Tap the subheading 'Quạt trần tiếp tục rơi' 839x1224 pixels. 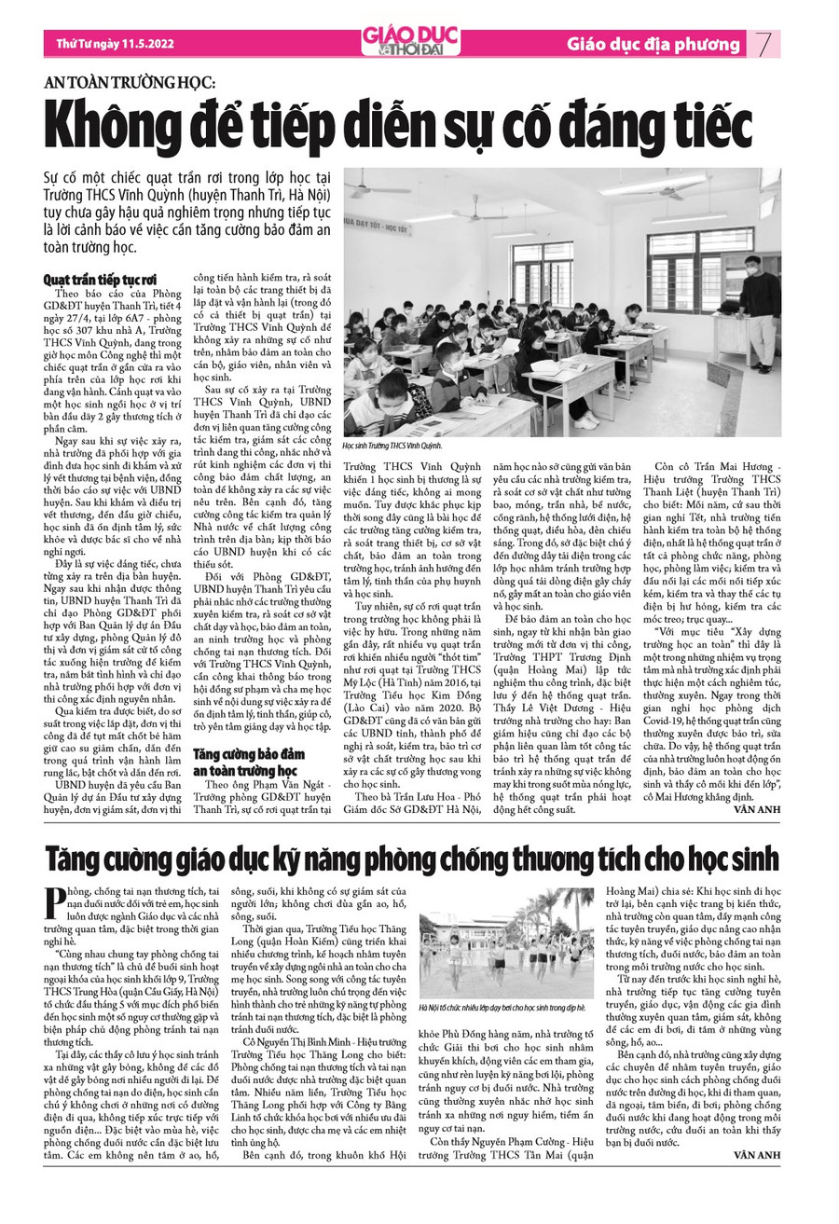coord(100,278)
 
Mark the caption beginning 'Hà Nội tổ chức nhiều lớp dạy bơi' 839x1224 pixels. coord(502,1008)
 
